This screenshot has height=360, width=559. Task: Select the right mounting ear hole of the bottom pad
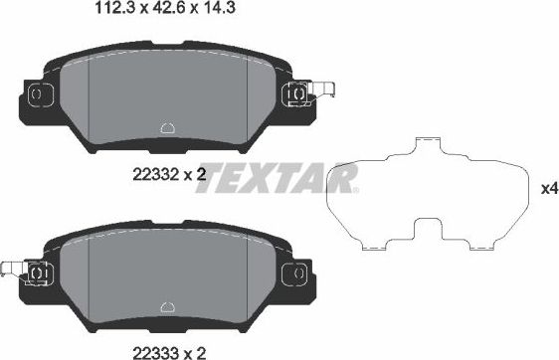click(294, 270)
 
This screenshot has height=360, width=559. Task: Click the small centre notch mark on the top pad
click(167, 128)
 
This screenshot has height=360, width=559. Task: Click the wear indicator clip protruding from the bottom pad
click(11, 269)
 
